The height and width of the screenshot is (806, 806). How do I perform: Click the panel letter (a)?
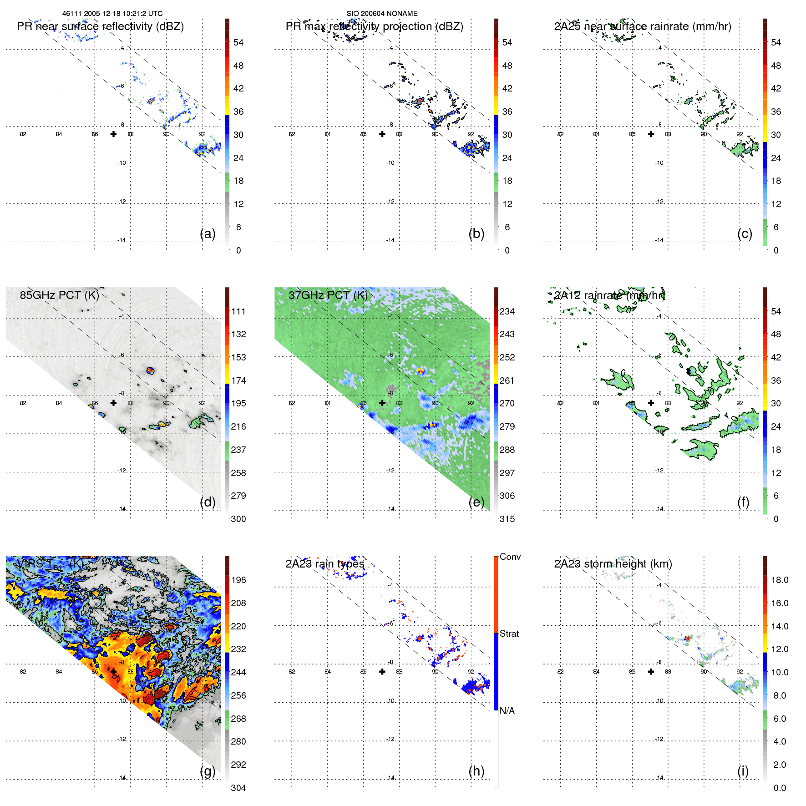tap(208, 234)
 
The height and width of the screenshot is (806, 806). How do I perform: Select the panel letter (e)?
tap(476, 502)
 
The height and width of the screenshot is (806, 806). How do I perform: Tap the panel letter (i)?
tap(743, 771)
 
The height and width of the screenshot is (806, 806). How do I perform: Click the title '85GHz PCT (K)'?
tap(60, 295)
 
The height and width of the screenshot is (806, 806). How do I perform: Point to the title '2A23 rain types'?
tap(325, 564)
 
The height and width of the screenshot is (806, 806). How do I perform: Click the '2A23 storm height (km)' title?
tap(613, 564)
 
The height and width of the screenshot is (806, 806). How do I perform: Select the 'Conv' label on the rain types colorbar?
tap(510, 557)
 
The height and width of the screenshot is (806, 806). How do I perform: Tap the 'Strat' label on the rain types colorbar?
tap(509, 634)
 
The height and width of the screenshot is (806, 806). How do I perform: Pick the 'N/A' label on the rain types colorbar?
tap(507, 711)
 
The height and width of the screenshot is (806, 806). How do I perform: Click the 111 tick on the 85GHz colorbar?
tap(238, 311)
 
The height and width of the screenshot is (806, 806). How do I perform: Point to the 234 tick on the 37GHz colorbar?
tap(507, 311)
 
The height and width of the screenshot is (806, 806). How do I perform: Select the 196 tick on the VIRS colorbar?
tap(238, 580)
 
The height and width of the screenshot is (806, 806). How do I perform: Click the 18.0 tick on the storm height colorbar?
tap(780, 580)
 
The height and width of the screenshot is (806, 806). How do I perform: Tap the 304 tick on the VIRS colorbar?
tap(238, 788)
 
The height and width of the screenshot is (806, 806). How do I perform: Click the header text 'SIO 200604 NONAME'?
tap(382, 14)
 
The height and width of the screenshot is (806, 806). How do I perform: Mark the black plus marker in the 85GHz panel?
tap(113, 403)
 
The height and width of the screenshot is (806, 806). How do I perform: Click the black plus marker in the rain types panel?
tap(382, 672)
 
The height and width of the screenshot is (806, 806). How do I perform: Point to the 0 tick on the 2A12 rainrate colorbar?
tap(776, 519)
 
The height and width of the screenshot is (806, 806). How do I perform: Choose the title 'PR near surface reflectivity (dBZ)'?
tap(101, 26)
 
